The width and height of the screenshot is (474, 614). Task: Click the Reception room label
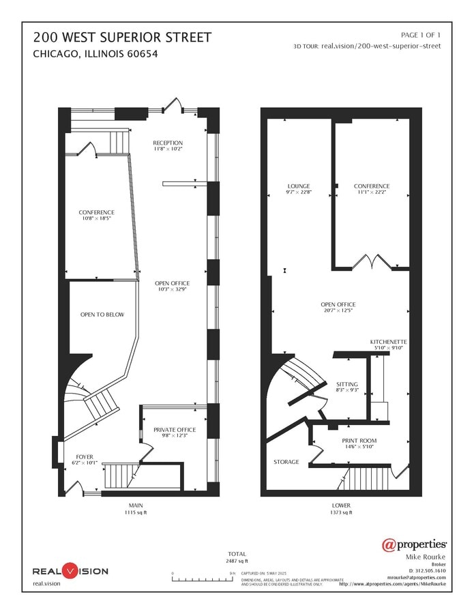[x=168, y=143]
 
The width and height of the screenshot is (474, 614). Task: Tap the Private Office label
[x=174, y=429]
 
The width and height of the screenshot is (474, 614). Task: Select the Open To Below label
[x=102, y=315]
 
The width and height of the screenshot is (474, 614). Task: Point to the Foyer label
[x=85, y=456]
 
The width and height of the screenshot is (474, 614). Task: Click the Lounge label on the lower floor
[x=299, y=186]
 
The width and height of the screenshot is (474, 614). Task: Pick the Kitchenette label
[x=389, y=341]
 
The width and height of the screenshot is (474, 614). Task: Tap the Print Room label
[x=359, y=441]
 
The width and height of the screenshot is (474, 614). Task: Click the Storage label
[x=286, y=462]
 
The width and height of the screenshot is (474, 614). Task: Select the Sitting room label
[x=347, y=383]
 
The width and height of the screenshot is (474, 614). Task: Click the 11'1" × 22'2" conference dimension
[x=372, y=192]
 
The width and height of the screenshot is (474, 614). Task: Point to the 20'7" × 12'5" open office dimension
[x=338, y=311]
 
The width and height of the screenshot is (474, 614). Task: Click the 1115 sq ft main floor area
[x=135, y=512]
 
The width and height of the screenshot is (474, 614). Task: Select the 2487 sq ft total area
[x=237, y=561]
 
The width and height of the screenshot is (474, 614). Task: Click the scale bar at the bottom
[x=203, y=579]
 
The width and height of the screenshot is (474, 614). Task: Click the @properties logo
[x=414, y=544]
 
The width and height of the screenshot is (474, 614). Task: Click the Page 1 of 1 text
[x=421, y=34]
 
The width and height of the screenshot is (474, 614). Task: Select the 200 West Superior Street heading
[x=113, y=37]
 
